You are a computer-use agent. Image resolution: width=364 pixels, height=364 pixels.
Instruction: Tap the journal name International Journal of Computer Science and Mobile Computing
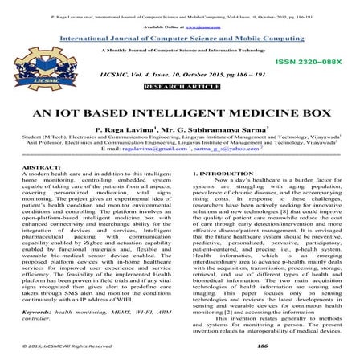(x=182, y=37)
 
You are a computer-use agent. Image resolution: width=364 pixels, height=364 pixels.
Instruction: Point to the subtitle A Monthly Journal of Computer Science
(x=182, y=49)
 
